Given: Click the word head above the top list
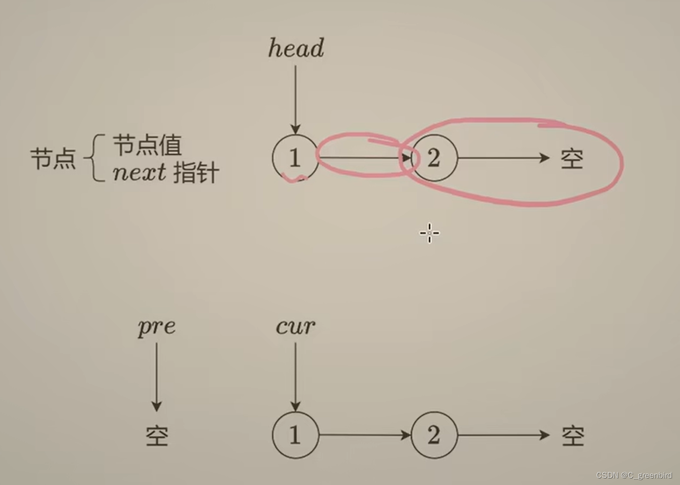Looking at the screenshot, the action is coord(296,48).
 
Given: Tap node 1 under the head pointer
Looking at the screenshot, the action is coord(295,158).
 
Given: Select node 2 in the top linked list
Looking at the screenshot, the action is coord(434,158).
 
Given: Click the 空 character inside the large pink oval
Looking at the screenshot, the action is coord(572,159).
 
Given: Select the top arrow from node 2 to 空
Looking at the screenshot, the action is coord(503,158).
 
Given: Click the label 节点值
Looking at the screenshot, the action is coord(147,145).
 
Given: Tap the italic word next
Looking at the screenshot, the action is coord(139,173).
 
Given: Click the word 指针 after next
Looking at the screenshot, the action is coord(196,173).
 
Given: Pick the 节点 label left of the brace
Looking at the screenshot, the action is coord(53,158).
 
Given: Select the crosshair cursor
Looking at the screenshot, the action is coord(429,233).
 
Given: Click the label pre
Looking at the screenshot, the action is coord(156,327).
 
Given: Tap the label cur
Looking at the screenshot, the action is coord(295,327).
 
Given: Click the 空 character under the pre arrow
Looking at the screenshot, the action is coord(157,436).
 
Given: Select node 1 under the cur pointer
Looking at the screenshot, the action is coord(295,435).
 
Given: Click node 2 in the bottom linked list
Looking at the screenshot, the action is coord(434,435).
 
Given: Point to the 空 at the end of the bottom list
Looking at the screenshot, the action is coord(573,436).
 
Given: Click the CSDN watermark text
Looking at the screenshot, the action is coord(634,475).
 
